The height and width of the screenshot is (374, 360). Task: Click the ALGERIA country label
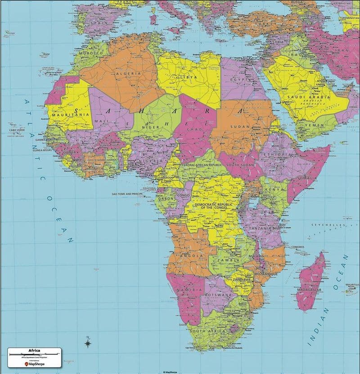(126, 73)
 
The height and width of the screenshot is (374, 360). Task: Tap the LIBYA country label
(189, 77)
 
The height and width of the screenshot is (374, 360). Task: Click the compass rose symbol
(88, 343)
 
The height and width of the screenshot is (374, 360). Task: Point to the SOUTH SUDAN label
(238, 165)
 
